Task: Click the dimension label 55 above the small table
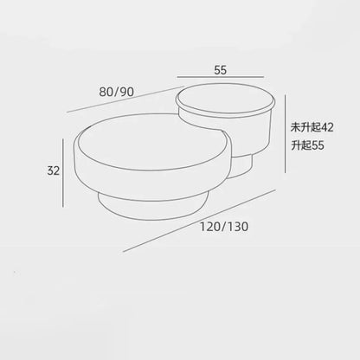(x=221, y=70)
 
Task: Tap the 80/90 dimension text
(x=117, y=92)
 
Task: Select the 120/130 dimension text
(x=224, y=227)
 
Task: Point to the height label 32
(x=54, y=170)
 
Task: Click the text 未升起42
(x=312, y=127)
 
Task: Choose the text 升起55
(x=307, y=145)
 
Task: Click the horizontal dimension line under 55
(x=221, y=77)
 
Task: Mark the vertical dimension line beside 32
(x=63, y=173)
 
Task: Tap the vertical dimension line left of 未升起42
(x=286, y=134)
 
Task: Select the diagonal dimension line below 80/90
(x=125, y=99)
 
